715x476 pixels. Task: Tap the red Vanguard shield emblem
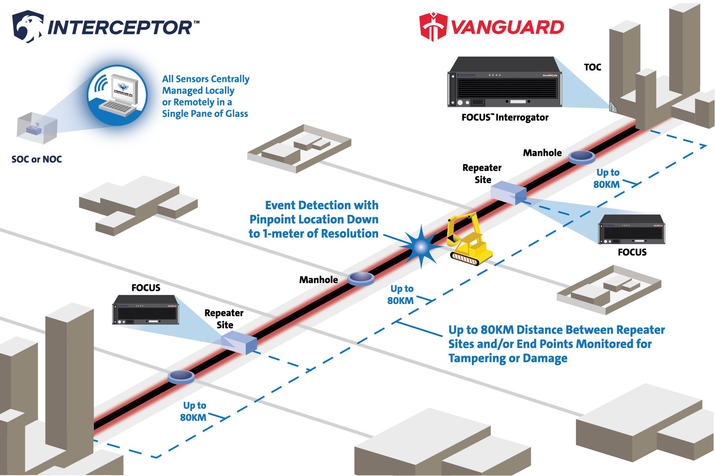[433, 27]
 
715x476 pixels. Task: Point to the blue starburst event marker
[421, 247]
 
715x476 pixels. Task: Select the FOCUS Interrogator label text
[505, 118]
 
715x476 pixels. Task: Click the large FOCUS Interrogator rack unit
[504, 82]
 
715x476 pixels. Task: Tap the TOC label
[592, 67]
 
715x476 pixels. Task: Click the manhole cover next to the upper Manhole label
[581, 157]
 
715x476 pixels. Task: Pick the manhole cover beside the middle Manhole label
[360, 278]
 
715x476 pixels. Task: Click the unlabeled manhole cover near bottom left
[181, 377]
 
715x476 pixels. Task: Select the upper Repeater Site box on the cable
[508, 193]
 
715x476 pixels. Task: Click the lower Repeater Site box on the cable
[239, 343]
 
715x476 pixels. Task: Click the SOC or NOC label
[36, 159]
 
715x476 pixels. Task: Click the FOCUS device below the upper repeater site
[631, 230]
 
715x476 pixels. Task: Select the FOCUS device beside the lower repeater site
[145, 310]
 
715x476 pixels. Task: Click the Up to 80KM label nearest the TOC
[607, 178]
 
